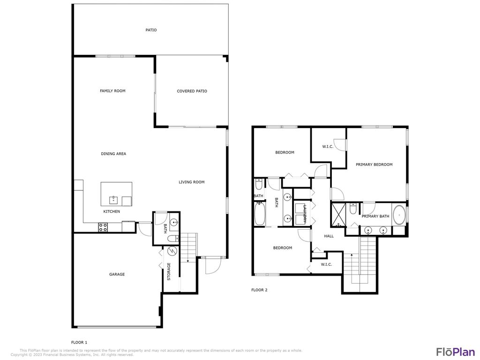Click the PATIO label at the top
point(150,30)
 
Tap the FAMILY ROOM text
point(112,91)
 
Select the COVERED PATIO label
point(192,91)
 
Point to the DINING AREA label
point(113,154)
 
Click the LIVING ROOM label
point(191,182)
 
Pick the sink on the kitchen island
point(113,200)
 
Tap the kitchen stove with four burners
point(103,227)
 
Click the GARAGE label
point(117,275)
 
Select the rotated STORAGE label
point(169,272)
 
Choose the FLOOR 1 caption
point(79,342)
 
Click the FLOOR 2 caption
point(259,290)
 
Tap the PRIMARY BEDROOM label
point(374,165)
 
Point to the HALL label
point(329,236)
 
